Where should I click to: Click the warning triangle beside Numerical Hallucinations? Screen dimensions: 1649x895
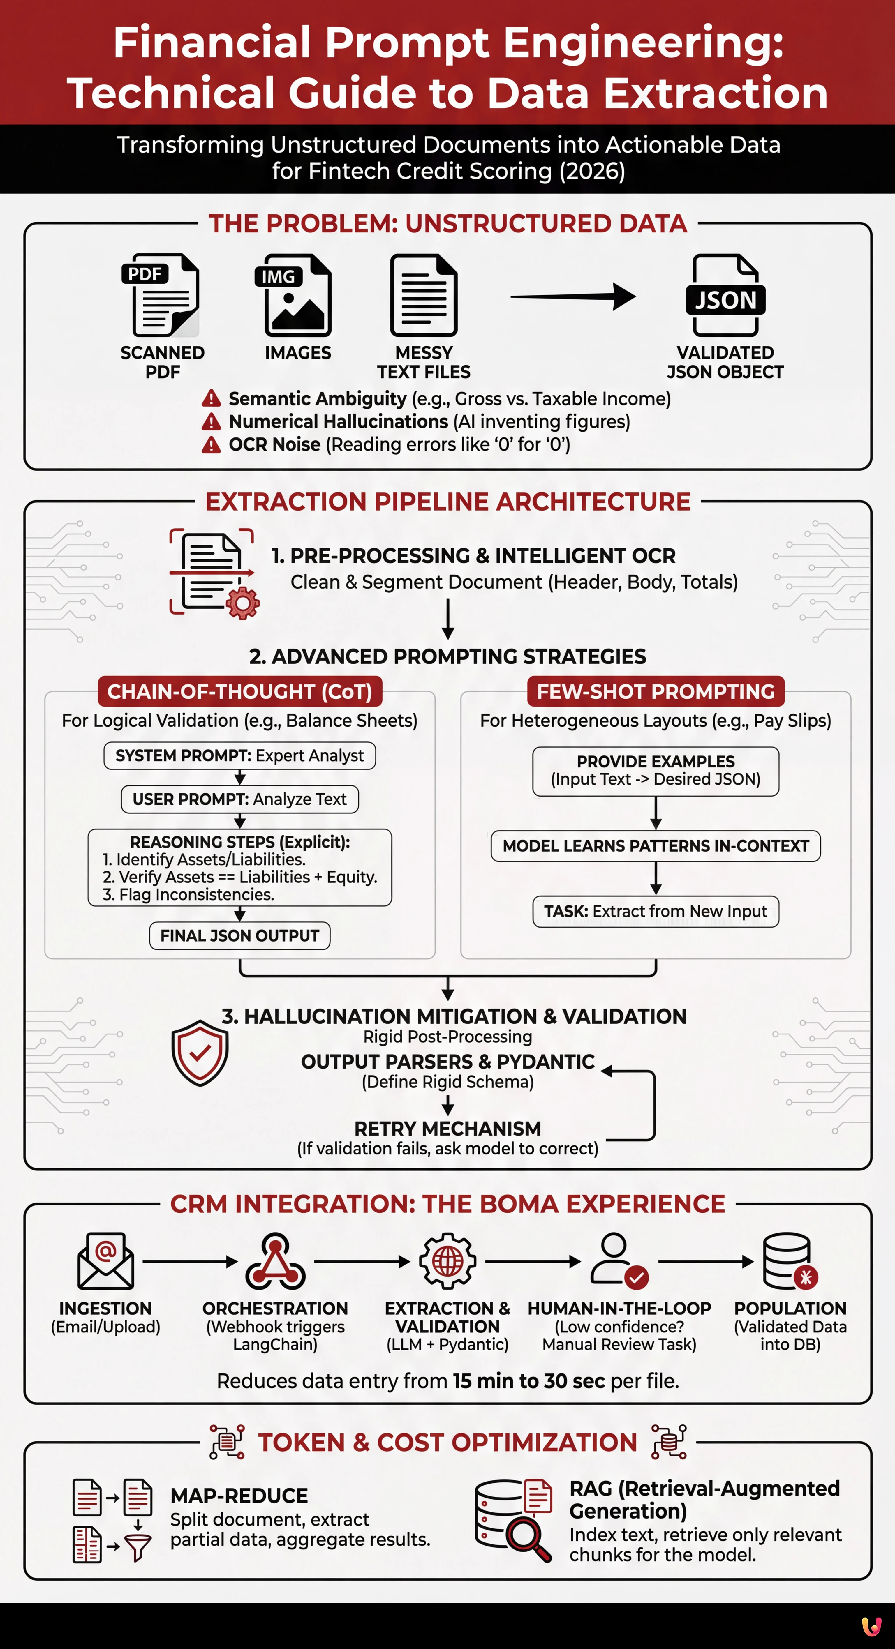click(211, 422)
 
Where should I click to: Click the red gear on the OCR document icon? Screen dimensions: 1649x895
click(243, 602)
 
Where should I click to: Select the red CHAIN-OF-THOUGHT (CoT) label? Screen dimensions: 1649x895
click(239, 691)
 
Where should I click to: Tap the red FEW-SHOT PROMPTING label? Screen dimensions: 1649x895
click(656, 691)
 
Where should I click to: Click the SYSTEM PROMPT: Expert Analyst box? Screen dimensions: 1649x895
click(239, 755)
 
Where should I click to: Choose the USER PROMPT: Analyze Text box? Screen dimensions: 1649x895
click(239, 799)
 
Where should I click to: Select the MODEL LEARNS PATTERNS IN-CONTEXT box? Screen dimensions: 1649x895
click(656, 846)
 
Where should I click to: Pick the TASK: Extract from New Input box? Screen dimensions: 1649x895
click(656, 911)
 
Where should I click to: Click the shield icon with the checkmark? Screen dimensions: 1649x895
click(200, 1053)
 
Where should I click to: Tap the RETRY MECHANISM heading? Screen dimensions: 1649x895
click(447, 1129)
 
